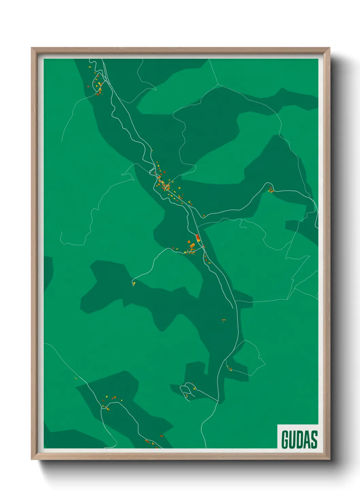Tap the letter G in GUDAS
tap(285, 439)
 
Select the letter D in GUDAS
tap(300, 439)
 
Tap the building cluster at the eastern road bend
tap(271, 190)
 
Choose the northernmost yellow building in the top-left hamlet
tap(90, 62)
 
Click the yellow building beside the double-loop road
tap(194, 388)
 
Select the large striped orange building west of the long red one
tap(192, 245)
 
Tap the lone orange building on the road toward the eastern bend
tap(204, 216)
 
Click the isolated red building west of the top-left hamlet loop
tap(88, 86)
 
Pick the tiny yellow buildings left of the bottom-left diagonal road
tap(76, 378)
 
